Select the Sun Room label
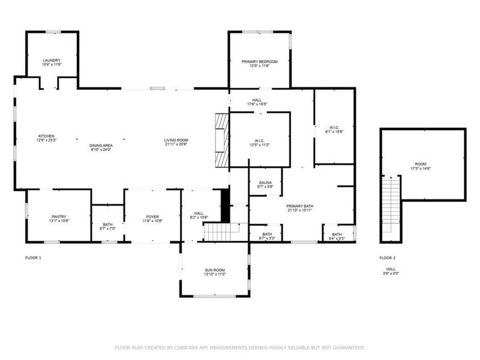tap(214, 272)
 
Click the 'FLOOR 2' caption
tap(388, 258)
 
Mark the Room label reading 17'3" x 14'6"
tap(423, 166)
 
